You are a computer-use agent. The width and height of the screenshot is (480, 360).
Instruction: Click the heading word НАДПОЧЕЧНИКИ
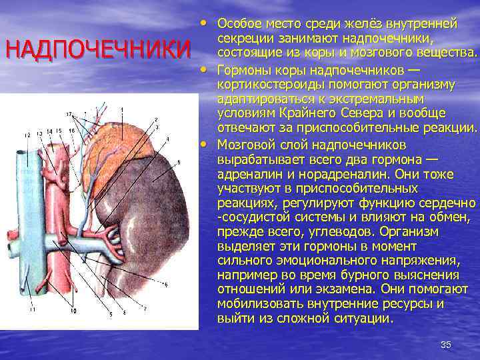click(97, 51)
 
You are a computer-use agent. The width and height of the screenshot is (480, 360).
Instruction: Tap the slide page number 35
click(446, 344)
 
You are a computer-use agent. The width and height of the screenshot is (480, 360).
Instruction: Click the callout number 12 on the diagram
click(27, 135)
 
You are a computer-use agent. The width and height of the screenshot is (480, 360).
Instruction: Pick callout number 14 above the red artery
click(50, 131)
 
